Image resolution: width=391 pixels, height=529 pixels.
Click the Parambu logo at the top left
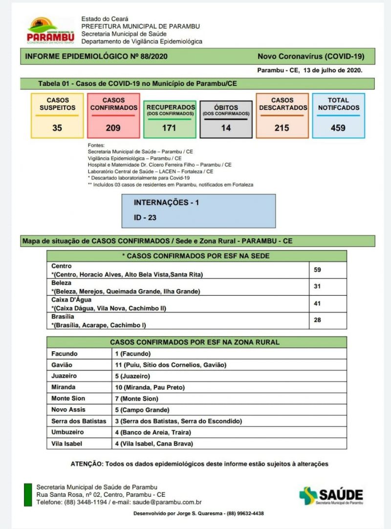tap(50, 30)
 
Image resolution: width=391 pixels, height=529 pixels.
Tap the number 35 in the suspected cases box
tap(57, 128)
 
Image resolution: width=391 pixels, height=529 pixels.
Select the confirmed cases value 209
tap(113, 128)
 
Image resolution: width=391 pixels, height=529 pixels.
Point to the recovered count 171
tap(170, 128)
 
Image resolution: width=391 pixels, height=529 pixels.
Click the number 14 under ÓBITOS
tap(226, 128)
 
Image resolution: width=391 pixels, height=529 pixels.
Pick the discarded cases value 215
tap(282, 128)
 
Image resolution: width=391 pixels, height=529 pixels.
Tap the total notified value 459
tap(338, 128)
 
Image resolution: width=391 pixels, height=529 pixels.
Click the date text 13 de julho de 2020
tap(332, 70)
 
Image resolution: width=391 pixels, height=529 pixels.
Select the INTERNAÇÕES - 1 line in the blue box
tap(166, 202)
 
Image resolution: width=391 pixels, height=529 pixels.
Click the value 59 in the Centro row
tap(317, 270)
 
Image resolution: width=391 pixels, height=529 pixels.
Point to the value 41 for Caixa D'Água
tap(317, 303)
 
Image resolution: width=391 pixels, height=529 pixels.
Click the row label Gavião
tap(62, 365)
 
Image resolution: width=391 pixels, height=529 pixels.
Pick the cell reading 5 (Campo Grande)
tap(142, 410)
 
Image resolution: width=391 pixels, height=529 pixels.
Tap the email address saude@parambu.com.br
tap(174, 502)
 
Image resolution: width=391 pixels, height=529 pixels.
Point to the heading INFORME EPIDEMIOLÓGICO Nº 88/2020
tap(96, 56)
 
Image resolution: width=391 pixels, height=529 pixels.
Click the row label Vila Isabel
tap(66, 444)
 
